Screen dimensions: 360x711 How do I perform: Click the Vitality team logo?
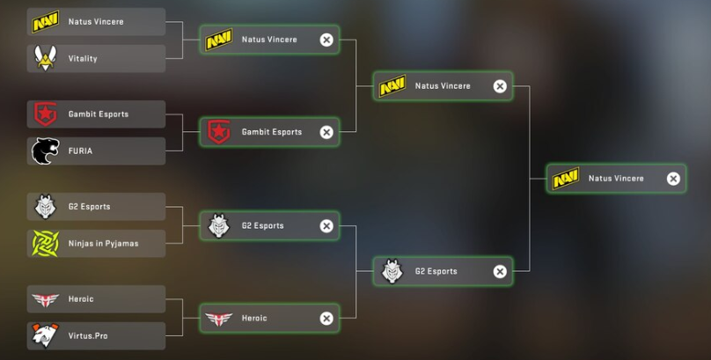pyautogui.click(x=45, y=58)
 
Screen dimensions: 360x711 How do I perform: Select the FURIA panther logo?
pyautogui.click(x=45, y=151)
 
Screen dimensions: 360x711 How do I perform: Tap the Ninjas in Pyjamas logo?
pyautogui.click(x=45, y=243)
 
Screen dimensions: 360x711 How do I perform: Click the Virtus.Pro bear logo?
pyautogui.click(x=45, y=335)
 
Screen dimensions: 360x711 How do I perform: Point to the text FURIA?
pyautogui.click(x=80, y=151)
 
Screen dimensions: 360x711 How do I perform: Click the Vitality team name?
pyautogui.click(x=83, y=58)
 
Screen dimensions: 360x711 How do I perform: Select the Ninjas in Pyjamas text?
pyautogui.click(x=103, y=243)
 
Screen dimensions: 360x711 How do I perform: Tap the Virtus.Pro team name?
pyautogui.click(x=87, y=335)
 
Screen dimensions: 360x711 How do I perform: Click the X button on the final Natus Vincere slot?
pyautogui.click(x=673, y=179)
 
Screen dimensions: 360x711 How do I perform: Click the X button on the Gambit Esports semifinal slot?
pyautogui.click(x=326, y=132)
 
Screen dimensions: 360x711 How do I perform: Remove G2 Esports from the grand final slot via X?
pyautogui.click(x=500, y=271)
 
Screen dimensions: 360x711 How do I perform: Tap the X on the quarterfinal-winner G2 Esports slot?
pyautogui.click(x=326, y=226)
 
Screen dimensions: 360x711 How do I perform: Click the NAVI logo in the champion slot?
pyautogui.click(x=565, y=179)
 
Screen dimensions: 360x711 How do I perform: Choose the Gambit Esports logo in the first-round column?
pyautogui.click(x=45, y=114)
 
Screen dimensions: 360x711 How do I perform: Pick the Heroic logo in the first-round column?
pyautogui.click(x=45, y=299)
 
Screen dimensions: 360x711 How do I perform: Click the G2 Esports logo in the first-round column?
pyautogui.click(x=45, y=207)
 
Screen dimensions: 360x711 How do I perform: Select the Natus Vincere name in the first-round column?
pyautogui.click(x=96, y=21)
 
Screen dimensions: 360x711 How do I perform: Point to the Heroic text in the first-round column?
pyautogui.click(x=81, y=299)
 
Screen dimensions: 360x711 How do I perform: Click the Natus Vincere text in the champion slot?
pyautogui.click(x=616, y=179)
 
